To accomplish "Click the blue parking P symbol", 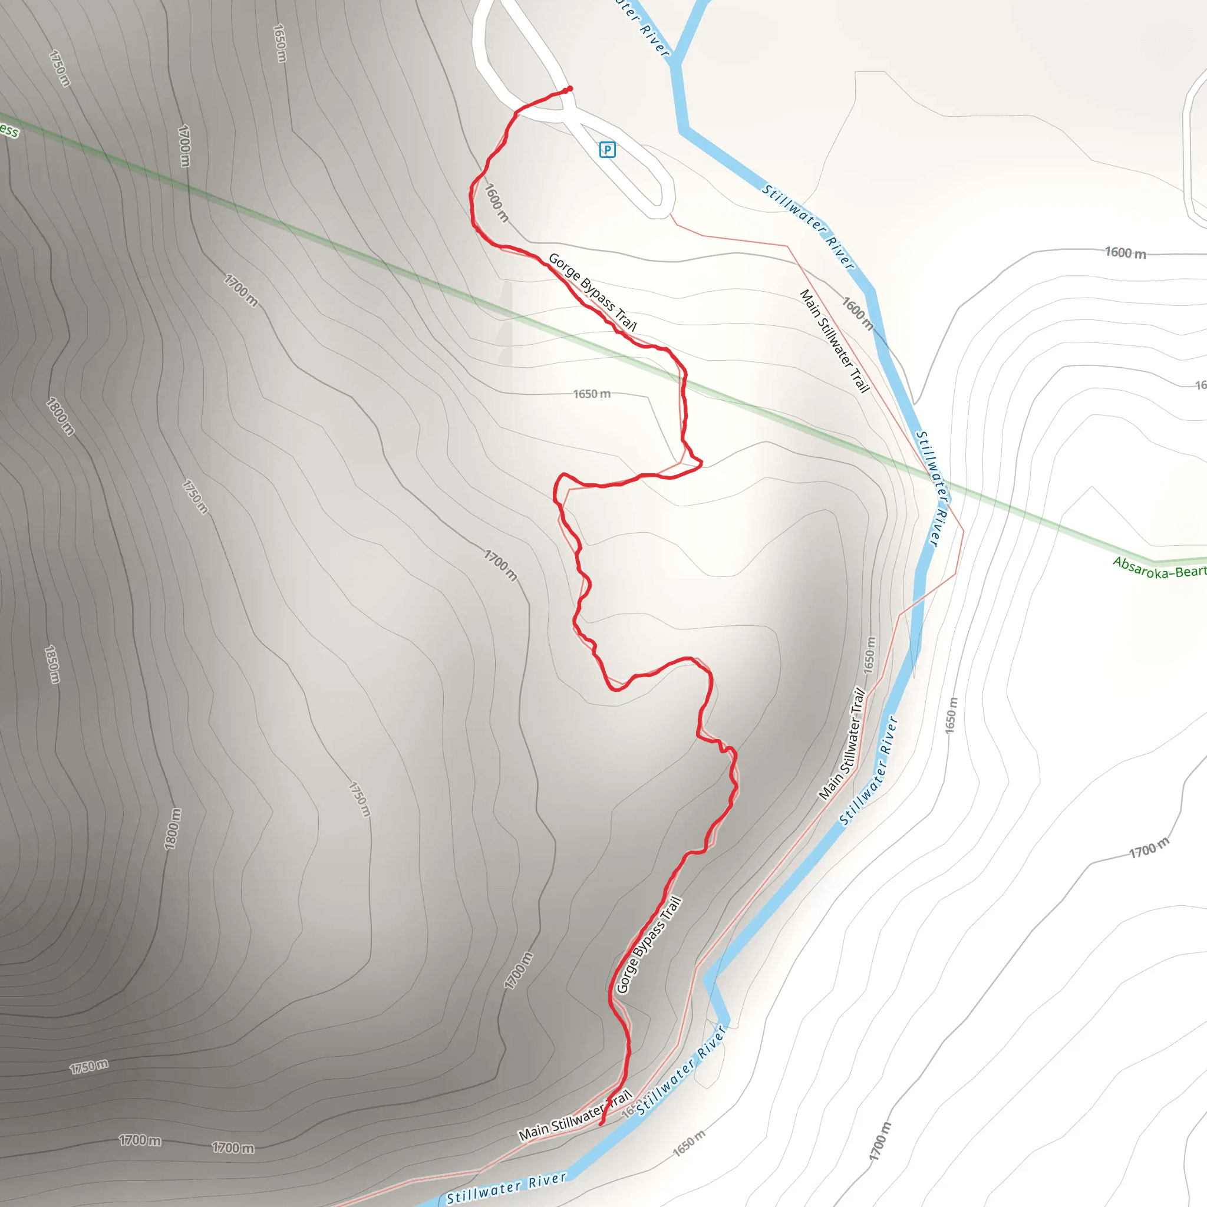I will click(607, 150).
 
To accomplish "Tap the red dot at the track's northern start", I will click(569, 89).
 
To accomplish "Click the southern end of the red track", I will click(601, 1124).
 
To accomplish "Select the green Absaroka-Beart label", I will click(1159, 568).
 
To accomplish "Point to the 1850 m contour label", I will click(52, 664).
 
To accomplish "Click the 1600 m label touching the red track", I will click(497, 202).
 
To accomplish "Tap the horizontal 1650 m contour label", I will click(592, 394).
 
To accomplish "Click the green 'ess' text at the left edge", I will click(9, 130).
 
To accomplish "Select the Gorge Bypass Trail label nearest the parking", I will click(592, 292).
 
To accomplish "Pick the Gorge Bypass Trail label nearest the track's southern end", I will click(648, 945).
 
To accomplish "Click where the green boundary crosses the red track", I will click(684, 382).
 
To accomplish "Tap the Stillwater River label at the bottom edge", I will click(506, 1187).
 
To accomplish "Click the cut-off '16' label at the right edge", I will click(1200, 385).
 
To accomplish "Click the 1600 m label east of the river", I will click(1126, 252).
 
